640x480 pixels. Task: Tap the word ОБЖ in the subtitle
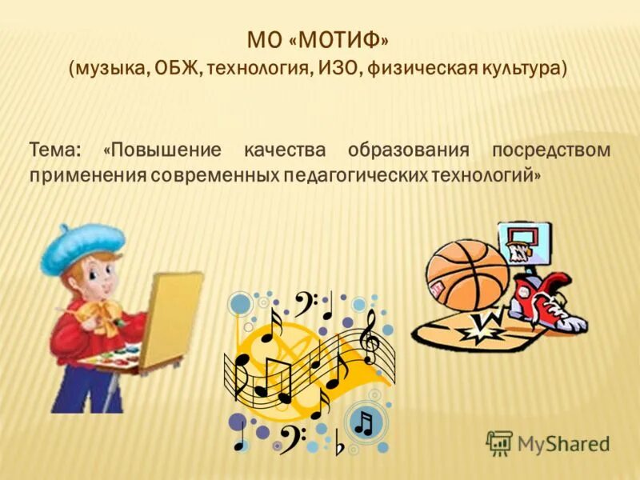coord(175,69)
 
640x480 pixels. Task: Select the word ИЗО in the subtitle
coord(339,69)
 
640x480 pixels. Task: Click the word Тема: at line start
coord(55,150)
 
